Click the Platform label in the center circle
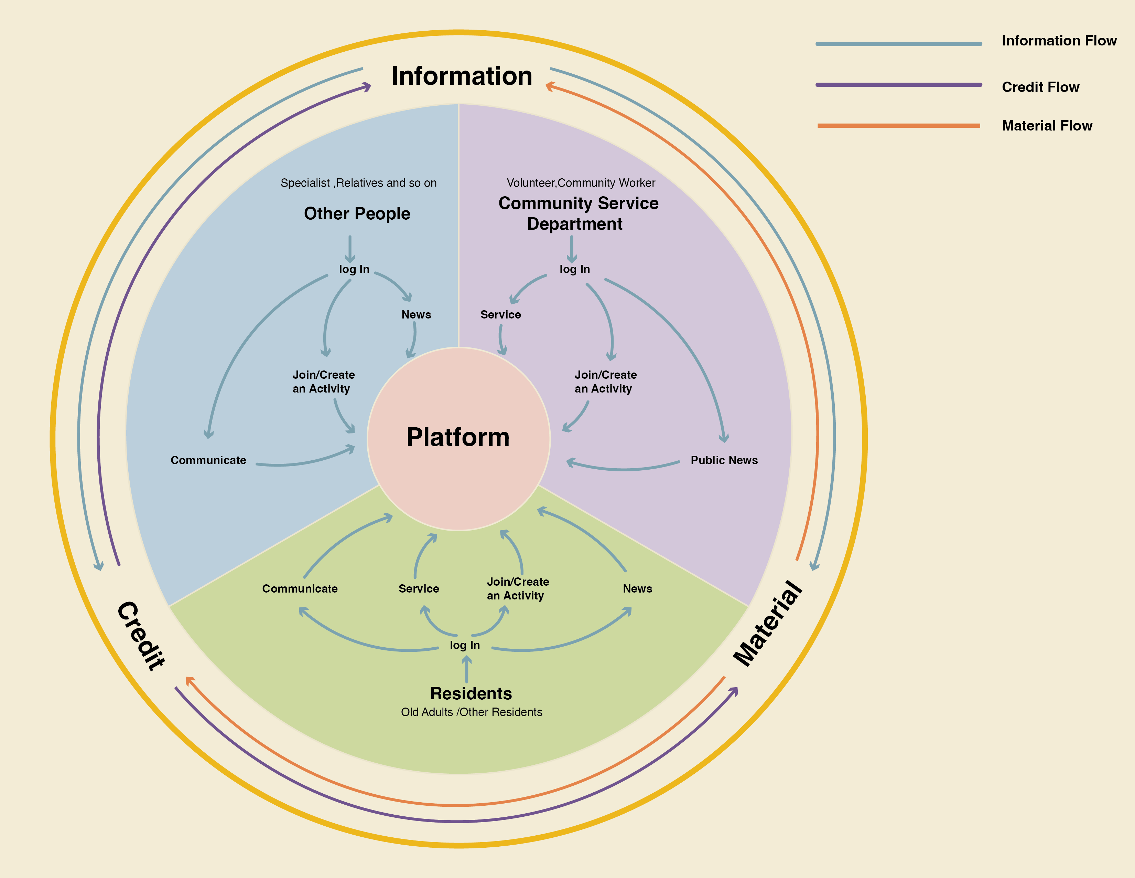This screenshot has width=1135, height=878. [x=458, y=437]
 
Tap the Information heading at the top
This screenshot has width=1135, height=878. [x=462, y=76]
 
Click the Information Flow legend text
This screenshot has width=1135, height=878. [x=1059, y=41]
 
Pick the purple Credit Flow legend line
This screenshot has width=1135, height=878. [x=898, y=85]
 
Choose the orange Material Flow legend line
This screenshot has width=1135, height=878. [x=898, y=125]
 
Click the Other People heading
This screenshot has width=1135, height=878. [x=357, y=213]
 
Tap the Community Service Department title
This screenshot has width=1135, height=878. [x=578, y=213]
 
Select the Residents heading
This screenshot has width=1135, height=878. [x=471, y=693]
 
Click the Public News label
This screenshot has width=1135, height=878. [x=724, y=460]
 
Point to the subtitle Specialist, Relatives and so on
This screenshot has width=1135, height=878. [x=359, y=183]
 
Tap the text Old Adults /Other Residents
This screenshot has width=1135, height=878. [x=471, y=712]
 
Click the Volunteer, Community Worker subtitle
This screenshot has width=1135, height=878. [x=581, y=183]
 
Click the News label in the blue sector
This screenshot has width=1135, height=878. [x=416, y=315]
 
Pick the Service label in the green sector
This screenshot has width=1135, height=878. [x=418, y=589]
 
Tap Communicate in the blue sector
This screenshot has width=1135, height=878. [x=208, y=460]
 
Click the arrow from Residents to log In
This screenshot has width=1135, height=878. [x=467, y=669]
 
